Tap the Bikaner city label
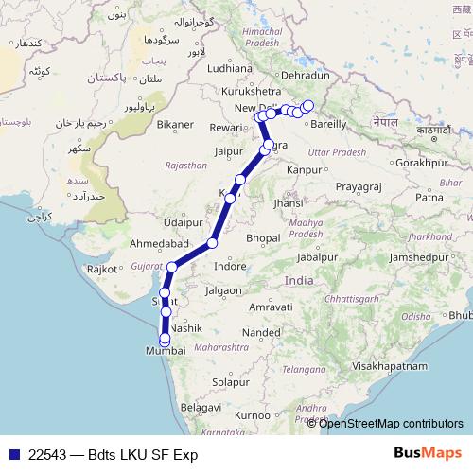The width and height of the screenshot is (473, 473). pos(177,125)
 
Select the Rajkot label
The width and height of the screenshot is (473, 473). pos(101,270)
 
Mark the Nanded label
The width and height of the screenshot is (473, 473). pos(262,333)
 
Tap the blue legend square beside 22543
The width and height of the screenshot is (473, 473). pos(11,454)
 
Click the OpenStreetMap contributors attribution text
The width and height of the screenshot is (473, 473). pos(392,423)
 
